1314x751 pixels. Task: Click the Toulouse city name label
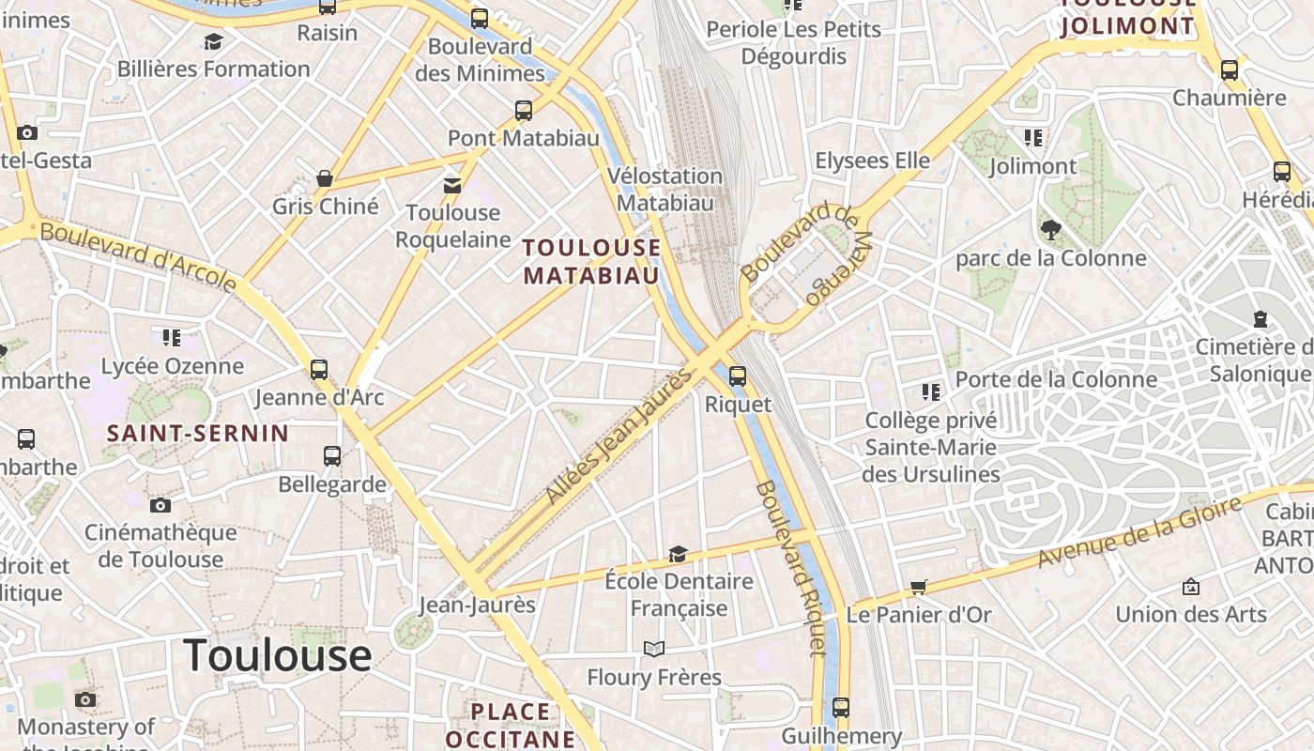277,654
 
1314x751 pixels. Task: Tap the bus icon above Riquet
738,376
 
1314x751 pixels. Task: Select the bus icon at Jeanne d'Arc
319,369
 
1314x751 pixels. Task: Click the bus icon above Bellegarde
332,456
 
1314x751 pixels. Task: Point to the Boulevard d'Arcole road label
138,255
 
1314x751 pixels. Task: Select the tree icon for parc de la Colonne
1050,229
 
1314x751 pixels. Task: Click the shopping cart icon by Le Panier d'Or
918,587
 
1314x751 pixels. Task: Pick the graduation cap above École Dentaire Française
678,554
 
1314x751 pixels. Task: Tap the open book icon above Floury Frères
654,649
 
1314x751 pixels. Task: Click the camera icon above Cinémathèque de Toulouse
160,505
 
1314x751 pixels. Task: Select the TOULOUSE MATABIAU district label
591,261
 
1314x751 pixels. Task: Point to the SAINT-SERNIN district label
197,433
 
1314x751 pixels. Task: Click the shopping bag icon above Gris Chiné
325,178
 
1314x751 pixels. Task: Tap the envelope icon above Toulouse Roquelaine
452,185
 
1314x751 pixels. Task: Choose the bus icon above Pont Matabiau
524,111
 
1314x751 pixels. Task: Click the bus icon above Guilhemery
841,708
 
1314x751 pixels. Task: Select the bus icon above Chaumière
1229,69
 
